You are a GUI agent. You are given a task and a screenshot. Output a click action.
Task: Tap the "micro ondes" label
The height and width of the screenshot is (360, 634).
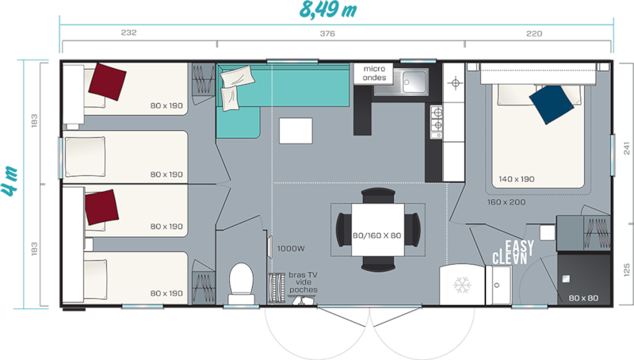[x=374, y=73]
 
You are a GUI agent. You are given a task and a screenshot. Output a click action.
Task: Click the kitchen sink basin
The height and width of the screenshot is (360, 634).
[x=414, y=82]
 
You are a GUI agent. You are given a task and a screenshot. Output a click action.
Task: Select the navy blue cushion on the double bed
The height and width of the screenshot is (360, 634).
[x=551, y=104]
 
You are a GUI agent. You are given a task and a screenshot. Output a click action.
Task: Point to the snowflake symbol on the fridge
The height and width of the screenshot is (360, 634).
[x=462, y=285]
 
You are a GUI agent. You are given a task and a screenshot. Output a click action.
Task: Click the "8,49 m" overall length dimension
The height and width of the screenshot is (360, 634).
[x=328, y=10]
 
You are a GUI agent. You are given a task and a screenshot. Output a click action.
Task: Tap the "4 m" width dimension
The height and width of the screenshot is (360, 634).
[x=10, y=181]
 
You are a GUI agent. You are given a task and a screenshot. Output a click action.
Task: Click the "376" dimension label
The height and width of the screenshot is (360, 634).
[x=327, y=33]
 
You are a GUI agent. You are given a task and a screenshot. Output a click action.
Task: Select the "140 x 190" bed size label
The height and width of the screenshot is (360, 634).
[x=517, y=178]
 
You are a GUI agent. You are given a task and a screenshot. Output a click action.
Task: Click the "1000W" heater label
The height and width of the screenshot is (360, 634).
[x=291, y=248]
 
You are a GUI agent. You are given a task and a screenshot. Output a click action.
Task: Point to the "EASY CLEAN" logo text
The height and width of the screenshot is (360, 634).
[x=513, y=252]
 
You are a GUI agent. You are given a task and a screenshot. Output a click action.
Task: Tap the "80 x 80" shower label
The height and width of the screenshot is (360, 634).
[x=583, y=298]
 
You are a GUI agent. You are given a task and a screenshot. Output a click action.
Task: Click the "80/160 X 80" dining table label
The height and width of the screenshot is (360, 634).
[x=377, y=236]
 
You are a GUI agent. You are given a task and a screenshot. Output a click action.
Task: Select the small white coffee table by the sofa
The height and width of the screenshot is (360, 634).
[x=296, y=131]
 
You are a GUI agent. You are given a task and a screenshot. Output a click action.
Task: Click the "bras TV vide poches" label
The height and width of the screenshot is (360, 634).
[x=303, y=282]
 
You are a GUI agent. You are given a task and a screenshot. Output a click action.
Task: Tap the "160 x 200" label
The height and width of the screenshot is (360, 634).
[x=506, y=202]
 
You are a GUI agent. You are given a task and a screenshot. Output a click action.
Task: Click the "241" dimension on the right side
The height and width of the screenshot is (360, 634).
[x=626, y=148]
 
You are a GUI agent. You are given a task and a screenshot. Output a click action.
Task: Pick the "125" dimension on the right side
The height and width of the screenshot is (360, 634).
[x=626, y=270]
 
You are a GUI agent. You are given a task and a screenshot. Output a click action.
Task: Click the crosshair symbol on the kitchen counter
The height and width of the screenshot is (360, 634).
[x=455, y=83]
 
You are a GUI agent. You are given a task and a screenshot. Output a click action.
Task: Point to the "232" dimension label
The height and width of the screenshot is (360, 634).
[x=128, y=33]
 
